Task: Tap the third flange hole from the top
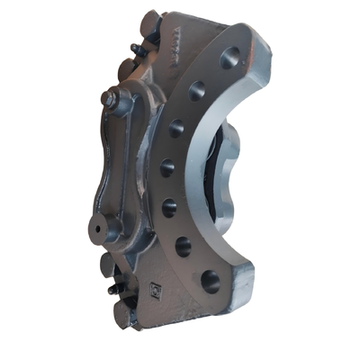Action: pos(175,128)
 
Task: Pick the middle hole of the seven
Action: pos(167,167)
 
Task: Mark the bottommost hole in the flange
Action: pos(210,281)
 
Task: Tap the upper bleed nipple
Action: pos(132,51)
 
